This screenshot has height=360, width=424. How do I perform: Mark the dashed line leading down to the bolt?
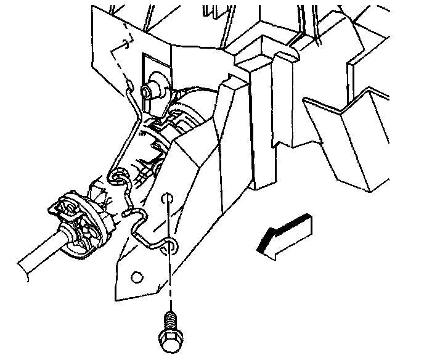[168, 271]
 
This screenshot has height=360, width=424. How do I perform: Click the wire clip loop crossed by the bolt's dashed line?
[171, 246]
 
